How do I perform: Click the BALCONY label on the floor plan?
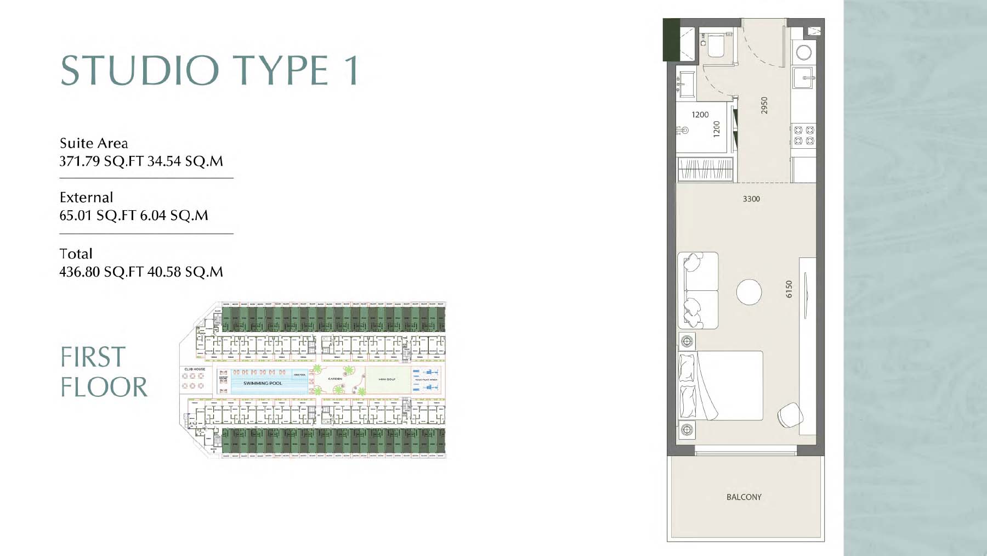tap(744, 497)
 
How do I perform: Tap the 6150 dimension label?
tap(789, 289)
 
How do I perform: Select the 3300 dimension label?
tap(751, 199)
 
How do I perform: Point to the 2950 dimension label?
tap(764, 105)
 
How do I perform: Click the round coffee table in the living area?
tap(749, 292)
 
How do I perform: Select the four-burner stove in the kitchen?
tap(804, 135)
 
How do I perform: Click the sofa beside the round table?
tap(698, 290)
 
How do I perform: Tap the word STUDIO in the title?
tap(140, 70)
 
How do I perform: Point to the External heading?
tap(86, 198)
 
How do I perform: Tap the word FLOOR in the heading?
tap(104, 387)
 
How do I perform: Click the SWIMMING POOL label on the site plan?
tap(263, 383)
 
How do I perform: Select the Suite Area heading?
tap(94, 143)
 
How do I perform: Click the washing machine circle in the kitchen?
tap(804, 53)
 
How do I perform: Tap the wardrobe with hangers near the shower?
tap(705, 169)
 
